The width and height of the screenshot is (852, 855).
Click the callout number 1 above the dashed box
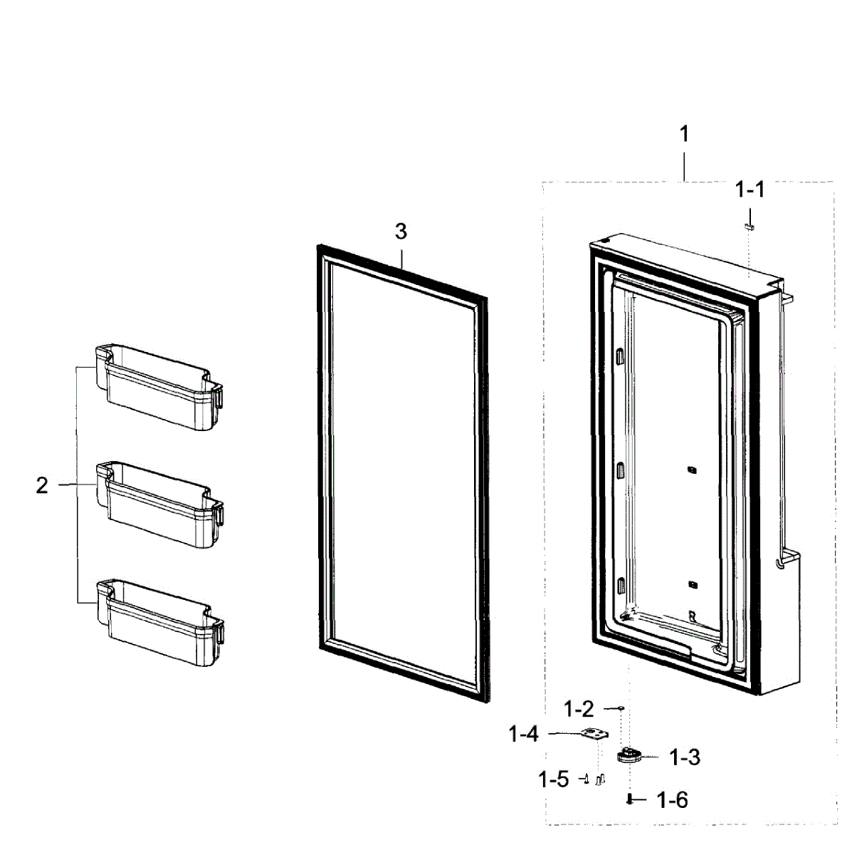coord(684,134)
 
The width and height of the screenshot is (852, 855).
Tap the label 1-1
coord(749,190)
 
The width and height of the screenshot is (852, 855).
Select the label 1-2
coord(579,709)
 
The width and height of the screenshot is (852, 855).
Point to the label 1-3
coord(685,757)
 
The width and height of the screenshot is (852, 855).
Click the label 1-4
coord(524,733)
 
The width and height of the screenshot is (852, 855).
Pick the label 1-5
coord(554,779)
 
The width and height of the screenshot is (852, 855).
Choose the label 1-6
coord(673,800)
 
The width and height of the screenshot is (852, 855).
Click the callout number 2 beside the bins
coord(42,485)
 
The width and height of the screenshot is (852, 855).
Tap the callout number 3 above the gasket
coord(401,232)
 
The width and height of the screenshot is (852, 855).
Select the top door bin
coord(160,388)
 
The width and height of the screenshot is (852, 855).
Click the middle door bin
coord(160,504)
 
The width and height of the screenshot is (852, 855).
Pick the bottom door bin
coord(160,622)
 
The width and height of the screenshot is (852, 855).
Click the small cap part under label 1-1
coord(749,225)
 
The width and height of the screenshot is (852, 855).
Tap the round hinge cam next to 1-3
coord(629,755)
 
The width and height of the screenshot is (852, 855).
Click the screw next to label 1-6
coord(630,799)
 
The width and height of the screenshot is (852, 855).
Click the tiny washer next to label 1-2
coord(621,708)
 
